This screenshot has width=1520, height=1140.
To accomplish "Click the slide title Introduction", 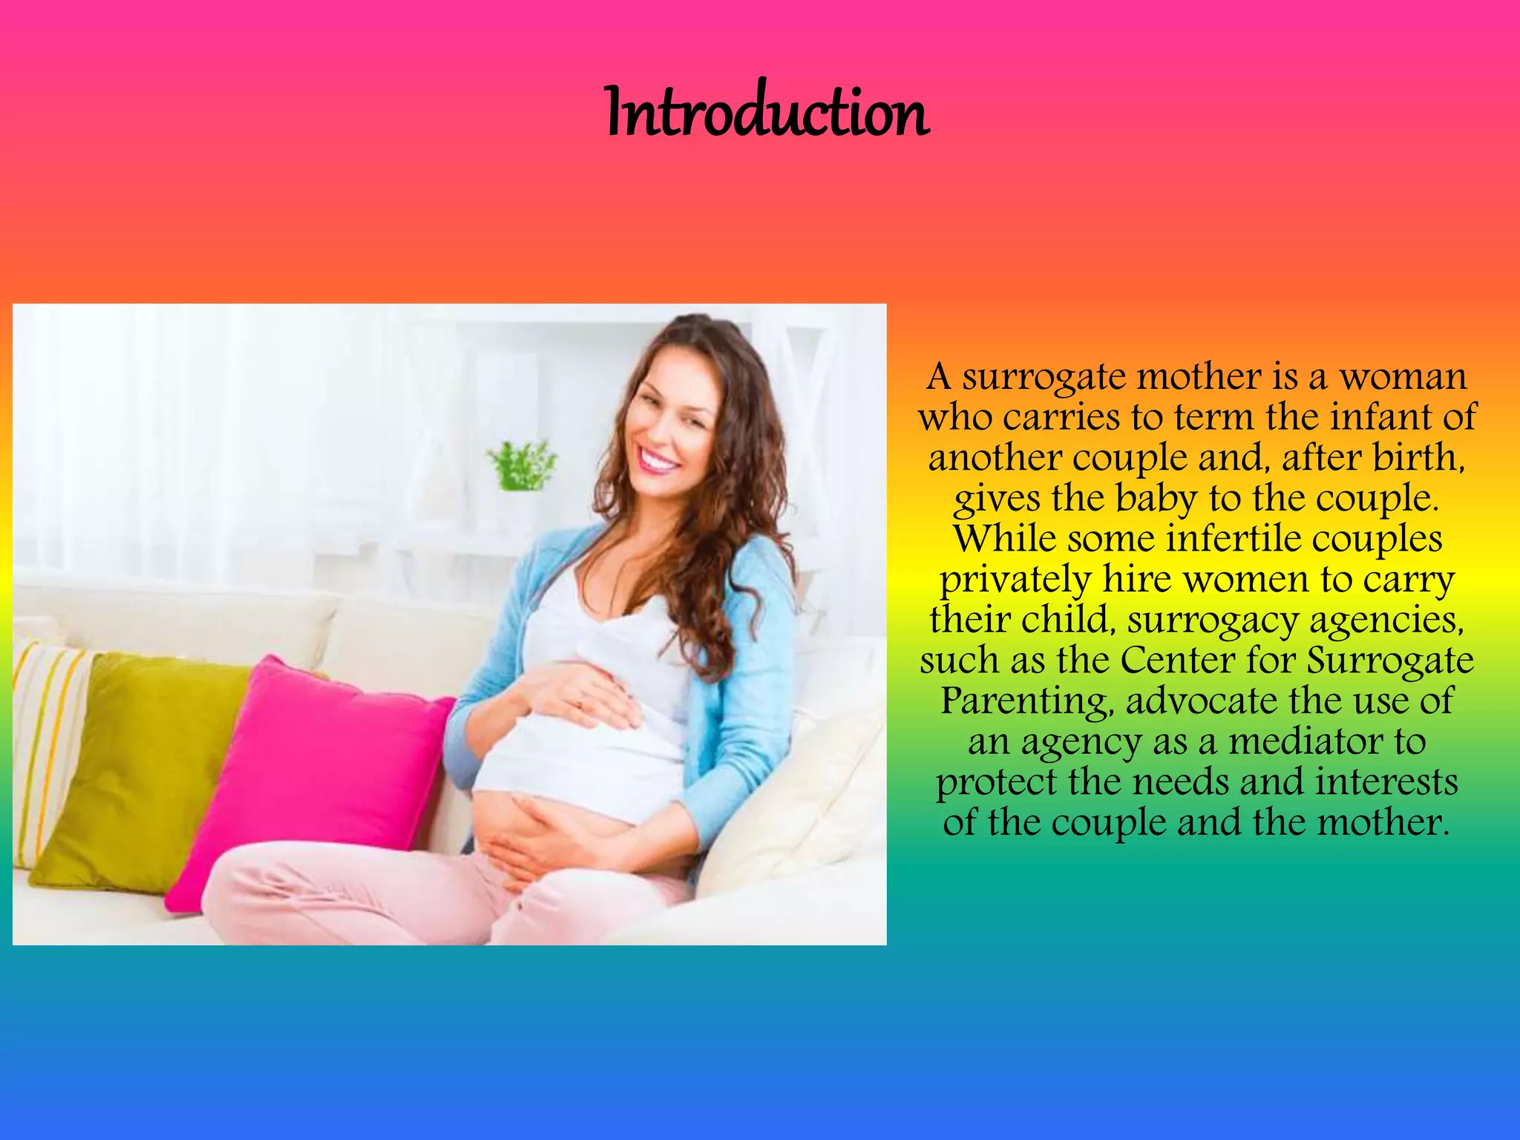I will (766, 113).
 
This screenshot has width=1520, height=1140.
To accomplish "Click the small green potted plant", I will (522, 465).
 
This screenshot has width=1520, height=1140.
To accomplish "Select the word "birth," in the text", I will (1418, 457).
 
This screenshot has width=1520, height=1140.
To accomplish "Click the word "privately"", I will (1014, 580).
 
